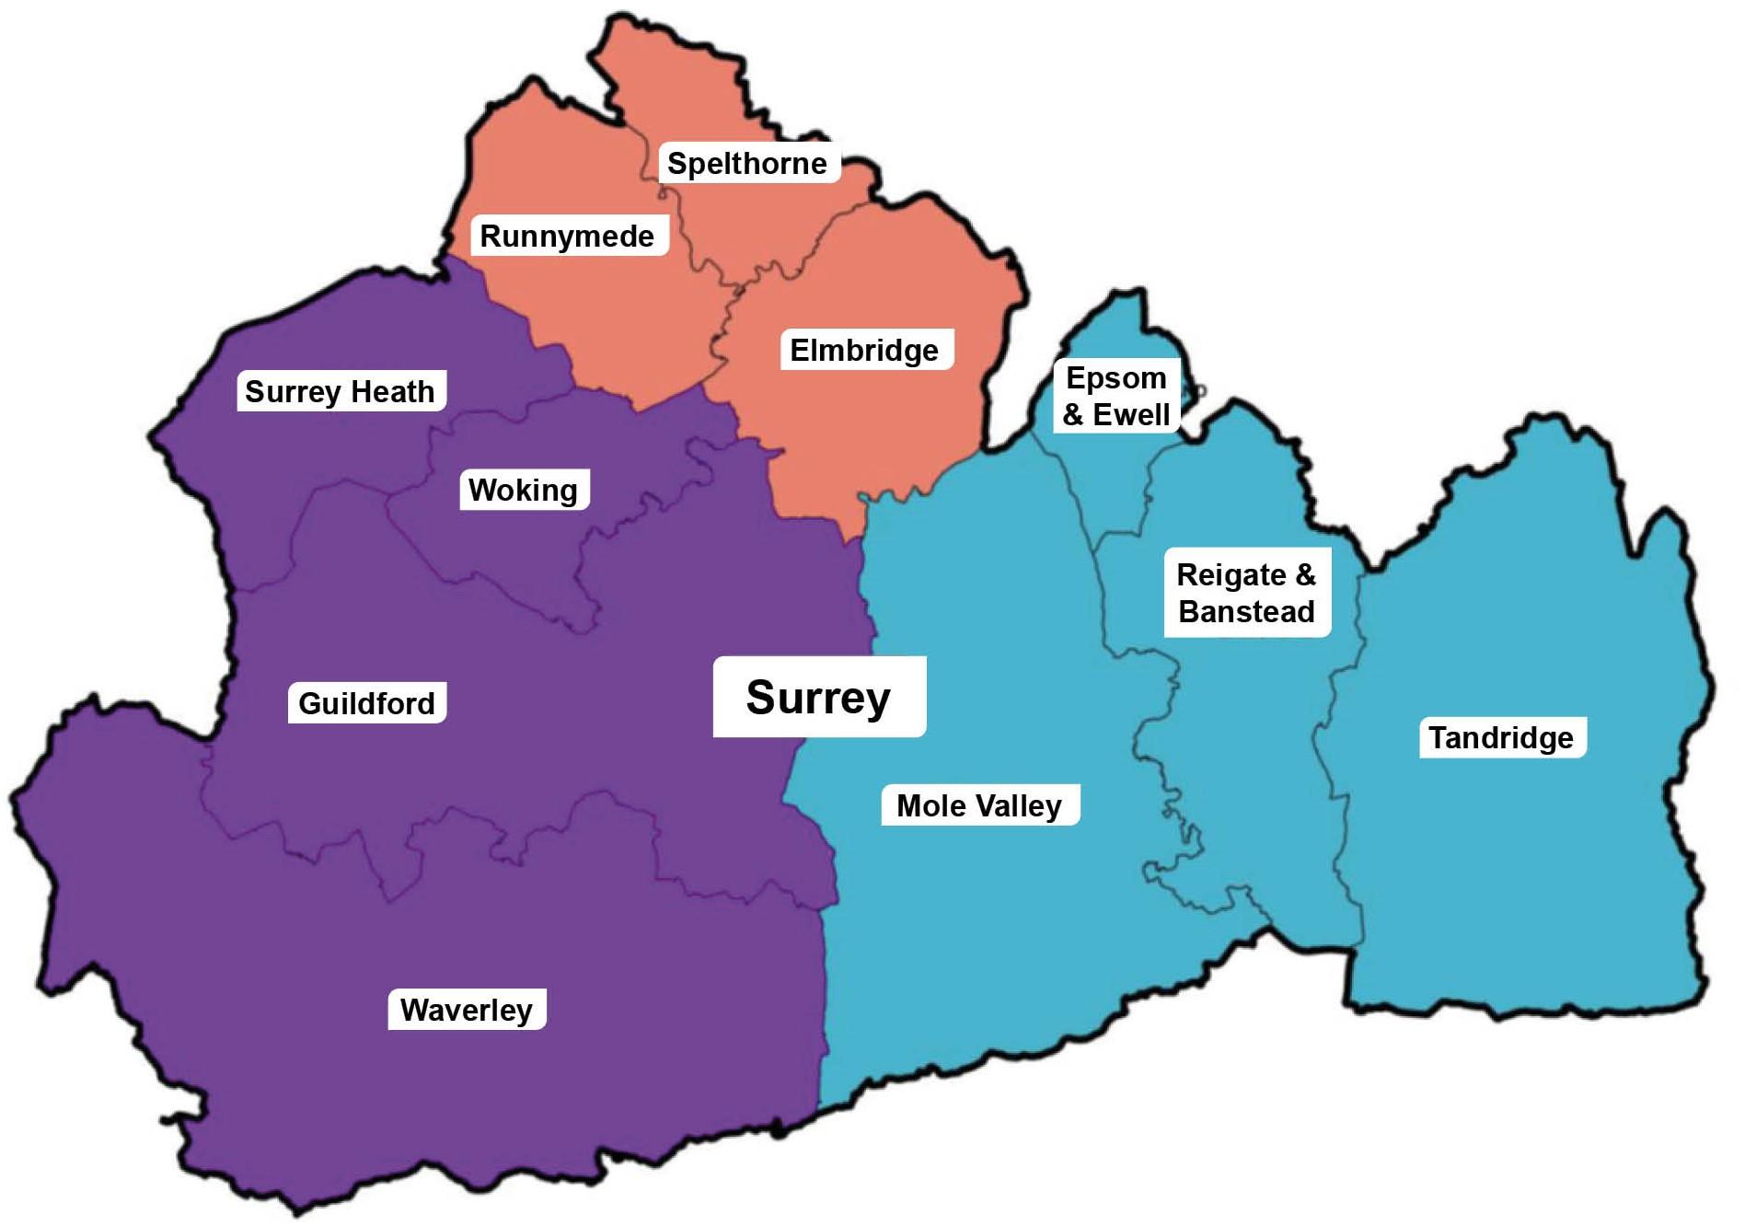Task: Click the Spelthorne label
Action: click(747, 163)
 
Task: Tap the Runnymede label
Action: click(567, 236)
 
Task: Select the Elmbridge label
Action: click(864, 350)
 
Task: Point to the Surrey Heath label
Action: click(340, 391)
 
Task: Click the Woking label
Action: click(523, 490)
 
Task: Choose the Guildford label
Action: click(366, 703)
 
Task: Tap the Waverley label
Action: click(466, 1010)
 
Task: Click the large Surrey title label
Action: click(818, 697)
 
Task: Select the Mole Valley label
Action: click(979, 805)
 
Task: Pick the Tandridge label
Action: click(1501, 737)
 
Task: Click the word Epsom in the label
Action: click(1115, 378)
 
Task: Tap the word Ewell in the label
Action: click(1131, 415)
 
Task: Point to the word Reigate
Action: click(1231, 575)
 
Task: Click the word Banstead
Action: click(1246, 612)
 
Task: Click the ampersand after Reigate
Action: click(1306, 574)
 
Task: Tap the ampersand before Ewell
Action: click(1073, 415)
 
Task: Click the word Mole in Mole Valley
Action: click(930, 805)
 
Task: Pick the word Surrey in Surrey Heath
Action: click(294, 392)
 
